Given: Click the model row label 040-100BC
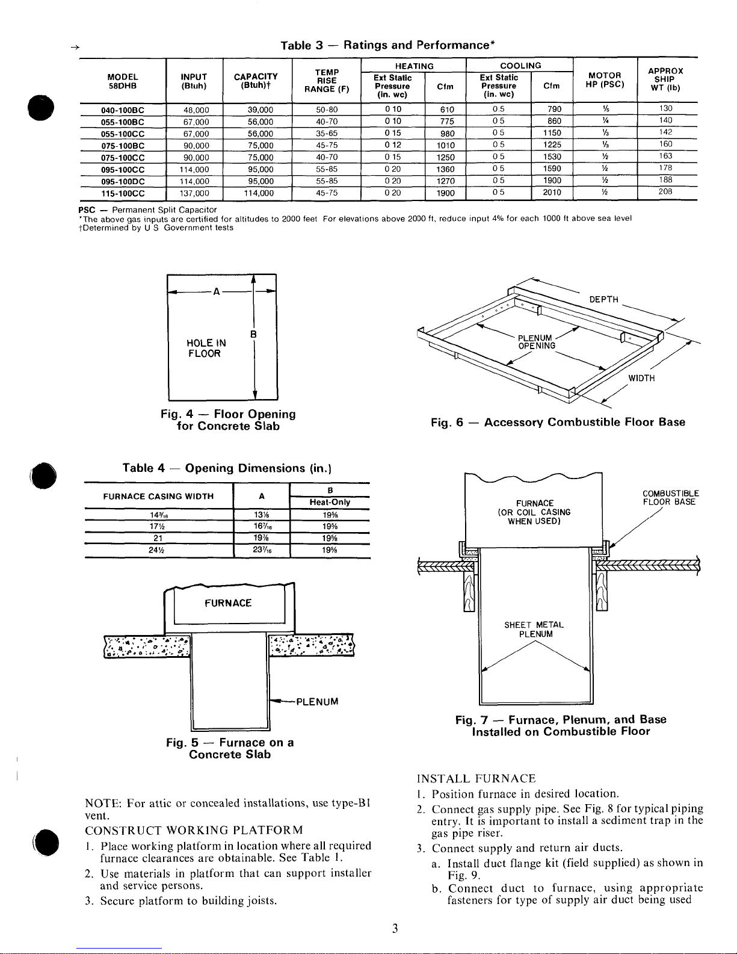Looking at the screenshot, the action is [x=122, y=110].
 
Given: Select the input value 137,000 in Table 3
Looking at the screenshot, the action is [x=194, y=193].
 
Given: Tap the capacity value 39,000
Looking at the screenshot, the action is [x=260, y=110].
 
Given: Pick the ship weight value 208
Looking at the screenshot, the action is [x=665, y=191].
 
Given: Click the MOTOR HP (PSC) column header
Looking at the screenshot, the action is [x=605, y=80].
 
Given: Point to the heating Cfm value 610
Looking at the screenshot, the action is [x=447, y=110].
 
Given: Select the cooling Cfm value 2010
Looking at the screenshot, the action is [x=552, y=192].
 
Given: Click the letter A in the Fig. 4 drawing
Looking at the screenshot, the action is [x=216, y=291].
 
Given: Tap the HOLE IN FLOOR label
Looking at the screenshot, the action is [x=206, y=348].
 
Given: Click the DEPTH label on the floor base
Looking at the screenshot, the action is [x=603, y=299].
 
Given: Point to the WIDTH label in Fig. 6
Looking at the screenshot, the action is [x=641, y=378].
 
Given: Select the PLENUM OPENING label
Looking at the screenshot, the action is [x=536, y=342].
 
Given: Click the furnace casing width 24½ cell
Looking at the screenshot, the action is [x=156, y=550].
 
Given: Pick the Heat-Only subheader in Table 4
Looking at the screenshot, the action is [x=330, y=502].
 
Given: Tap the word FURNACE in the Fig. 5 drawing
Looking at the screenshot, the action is [x=228, y=603].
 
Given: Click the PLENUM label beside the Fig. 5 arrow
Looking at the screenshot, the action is [x=317, y=702].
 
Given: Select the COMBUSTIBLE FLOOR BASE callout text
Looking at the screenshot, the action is [x=670, y=498].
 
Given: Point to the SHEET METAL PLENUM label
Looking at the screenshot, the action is [x=534, y=629].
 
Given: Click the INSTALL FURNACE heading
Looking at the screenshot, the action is [x=476, y=779].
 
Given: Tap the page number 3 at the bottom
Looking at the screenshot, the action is [x=395, y=929].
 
